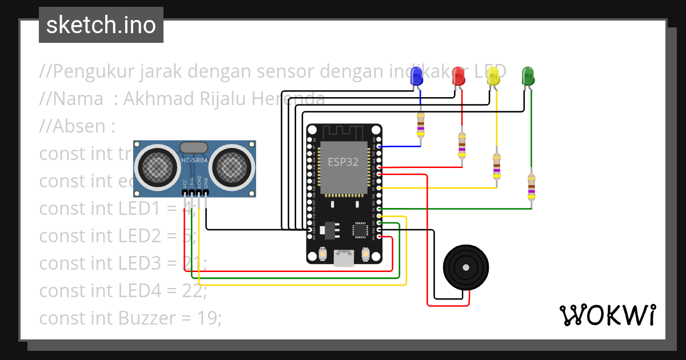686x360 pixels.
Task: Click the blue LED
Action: pos(417,75)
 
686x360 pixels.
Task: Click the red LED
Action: pos(458,75)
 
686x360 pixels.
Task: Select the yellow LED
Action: pos(493,75)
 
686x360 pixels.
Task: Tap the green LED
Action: pos(528,75)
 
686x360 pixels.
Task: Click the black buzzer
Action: pos(466,267)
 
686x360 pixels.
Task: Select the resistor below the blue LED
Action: pos(421,125)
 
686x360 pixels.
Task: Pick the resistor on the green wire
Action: pos(532,187)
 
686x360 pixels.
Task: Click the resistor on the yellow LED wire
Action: pos(496,166)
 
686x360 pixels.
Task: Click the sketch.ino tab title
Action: pos(101,25)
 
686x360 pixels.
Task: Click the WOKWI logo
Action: pos(607,315)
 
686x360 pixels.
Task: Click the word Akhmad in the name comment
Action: pos(158,99)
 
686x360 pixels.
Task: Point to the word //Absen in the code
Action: pos(73,126)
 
